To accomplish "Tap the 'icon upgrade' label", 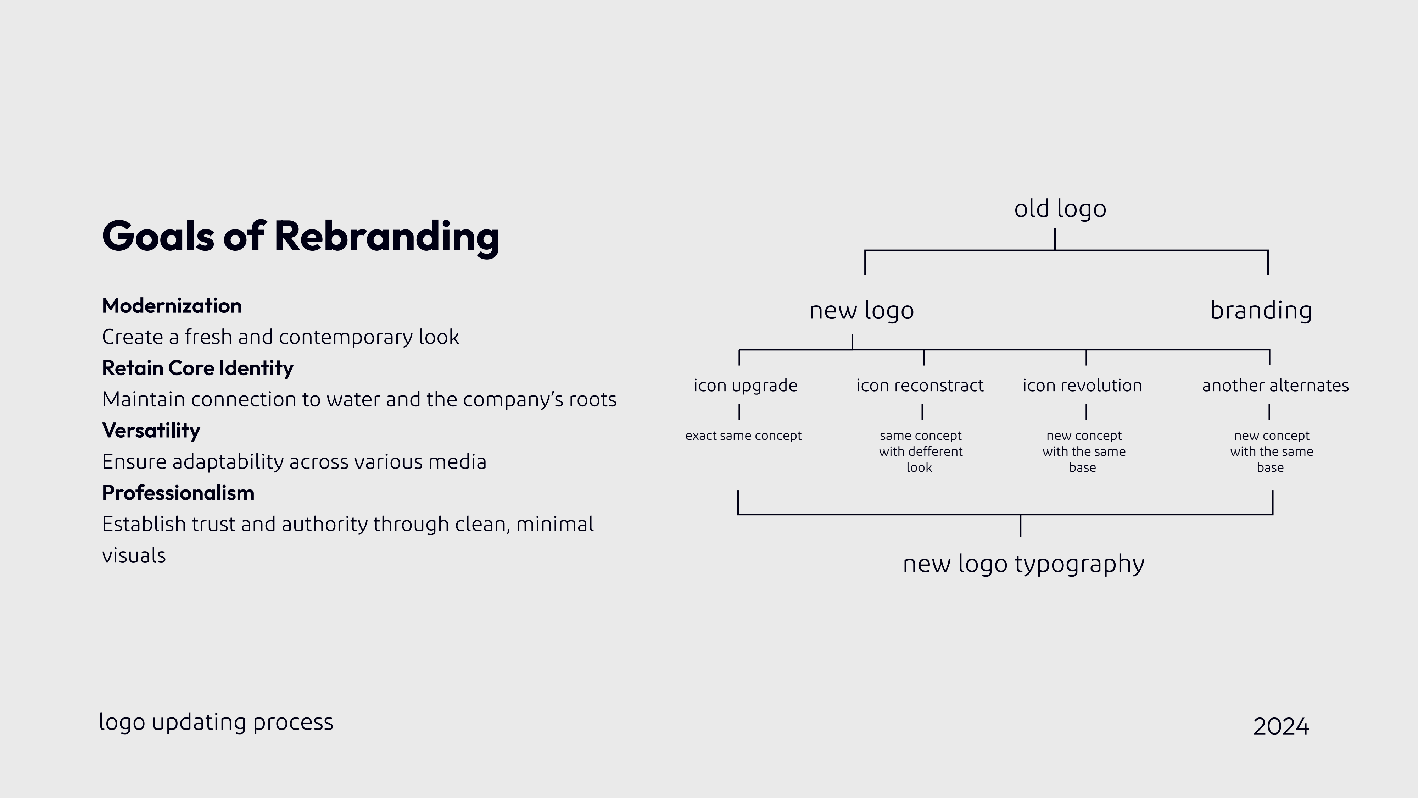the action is pyautogui.click(x=745, y=386).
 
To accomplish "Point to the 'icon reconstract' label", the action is pyautogui.click(x=920, y=386).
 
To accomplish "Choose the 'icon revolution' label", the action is pyautogui.click(x=1082, y=386).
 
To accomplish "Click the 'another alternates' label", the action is pyautogui.click(x=1275, y=386).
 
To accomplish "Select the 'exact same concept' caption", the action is pyautogui.click(x=743, y=436).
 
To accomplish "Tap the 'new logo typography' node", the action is pyautogui.click(x=1024, y=564).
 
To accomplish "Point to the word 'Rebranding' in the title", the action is pyautogui.click(x=387, y=237).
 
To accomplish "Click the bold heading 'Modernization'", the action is pyautogui.click(x=172, y=306).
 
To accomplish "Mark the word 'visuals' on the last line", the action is pyautogui.click(x=134, y=555).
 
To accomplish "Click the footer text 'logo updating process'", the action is pyautogui.click(x=216, y=722).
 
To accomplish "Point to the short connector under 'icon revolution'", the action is pyautogui.click(x=1086, y=412).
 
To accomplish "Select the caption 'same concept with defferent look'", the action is pyautogui.click(x=920, y=451).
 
